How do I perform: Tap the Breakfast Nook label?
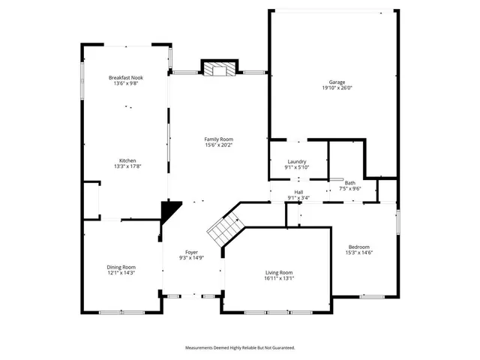pyautogui.click(x=126, y=78)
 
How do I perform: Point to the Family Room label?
pyautogui.click(x=219, y=139)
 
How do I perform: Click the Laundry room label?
pyautogui.click(x=297, y=163)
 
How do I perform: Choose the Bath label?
pyautogui.click(x=349, y=183)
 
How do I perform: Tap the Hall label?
pyautogui.click(x=298, y=193)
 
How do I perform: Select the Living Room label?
pyautogui.click(x=279, y=272)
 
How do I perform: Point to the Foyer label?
pyautogui.click(x=192, y=252)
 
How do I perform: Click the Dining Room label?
pyautogui.click(x=121, y=267)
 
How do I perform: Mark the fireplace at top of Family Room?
pyautogui.click(x=219, y=69)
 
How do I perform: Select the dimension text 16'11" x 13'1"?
pyautogui.click(x=279, y=278)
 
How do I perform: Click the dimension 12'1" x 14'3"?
pyautogui.click(x=121, y=273)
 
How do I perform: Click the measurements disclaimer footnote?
pyautogui.click(x=240, y=347)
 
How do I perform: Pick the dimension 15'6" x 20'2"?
pyautogui.click(x=219, y=145)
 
